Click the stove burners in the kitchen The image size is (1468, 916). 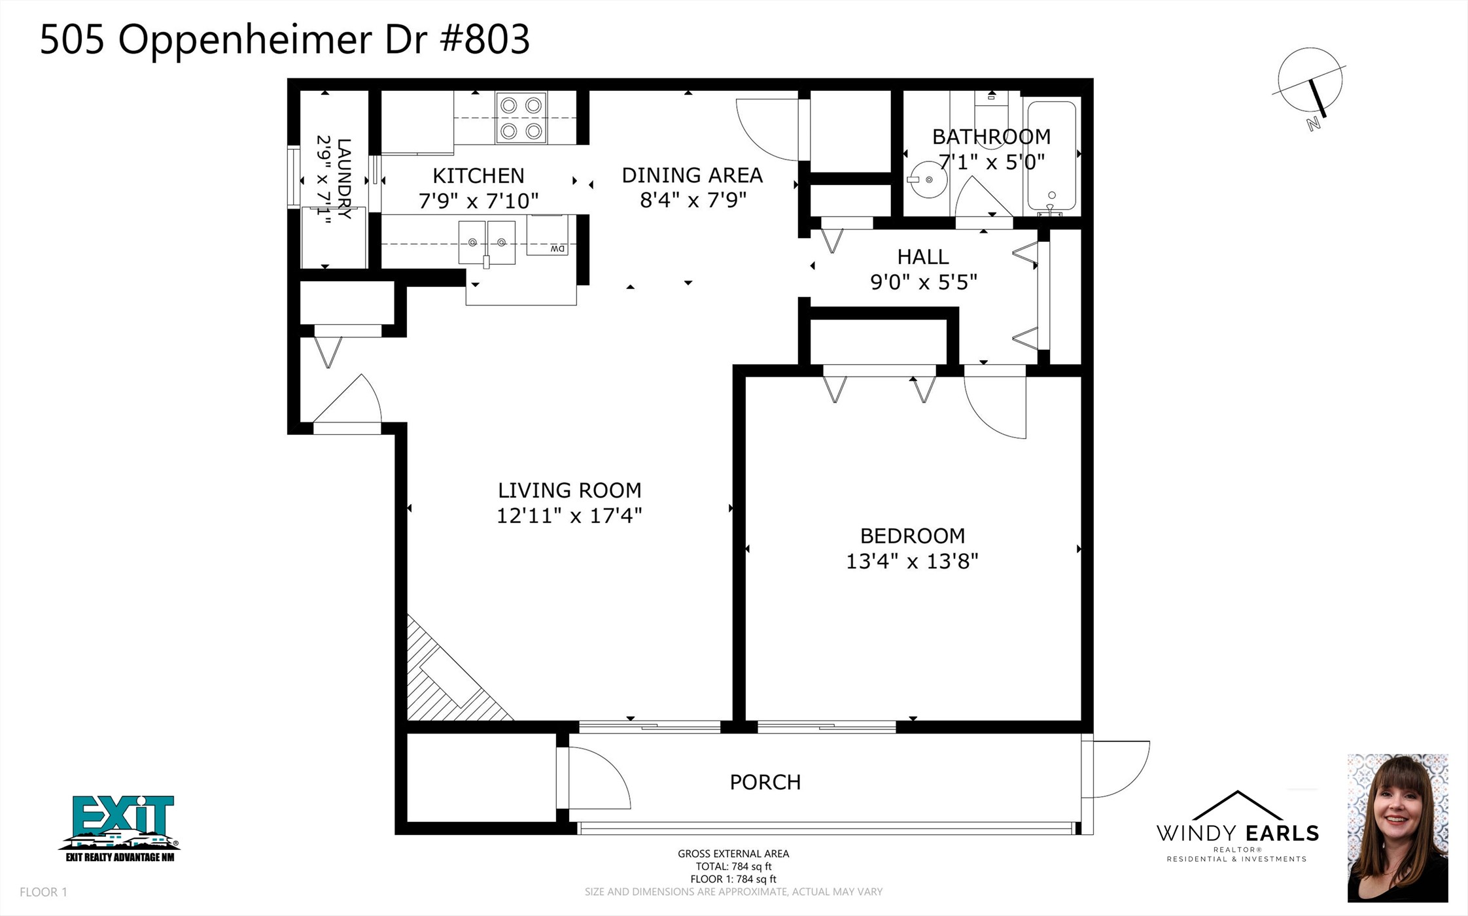pyautogui.click(x=521, y=118)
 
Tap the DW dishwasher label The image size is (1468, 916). pyautogui.click(x=557, y=249)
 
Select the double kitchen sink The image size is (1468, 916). pyautogui.click(x=487, y=243)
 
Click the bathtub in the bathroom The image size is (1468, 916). pyautogui.click(x=1051, y=156)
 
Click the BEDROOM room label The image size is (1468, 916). pyautogui.click(x=912, y=536)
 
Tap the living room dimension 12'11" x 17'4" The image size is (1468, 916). pyautogui.click(x=569, y=516)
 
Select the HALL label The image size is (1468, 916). pyautogui.click(x=922, y=256)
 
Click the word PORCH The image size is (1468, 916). pyautogui.click(x=765, y=782)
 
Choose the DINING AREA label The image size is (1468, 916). pyautogui.click(x=692, y=175)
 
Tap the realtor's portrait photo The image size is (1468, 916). pyautogui.click(x=1397, y=828)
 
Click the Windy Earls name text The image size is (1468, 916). pyautogui.click(x=1237, y=834)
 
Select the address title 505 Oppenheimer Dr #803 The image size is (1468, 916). pyautogui.click(x=285, y=39)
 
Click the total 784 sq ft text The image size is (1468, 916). pyautogui.click(x=733, y=866)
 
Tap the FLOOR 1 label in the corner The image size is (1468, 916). pyautogui.click(x=43, y=892)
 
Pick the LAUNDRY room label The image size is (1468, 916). pyautogui.click(x=343, y=178)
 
